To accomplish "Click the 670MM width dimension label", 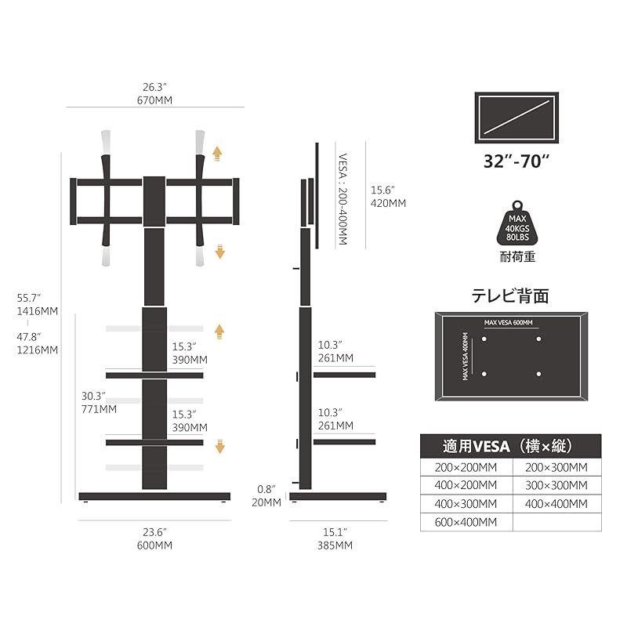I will tap(154, 100).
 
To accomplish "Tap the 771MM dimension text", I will tap(98, 408).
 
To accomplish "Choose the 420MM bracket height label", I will tap(388, 203).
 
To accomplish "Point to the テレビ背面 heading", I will tap(509, 295).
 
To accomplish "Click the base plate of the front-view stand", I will tap(154, 496).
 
